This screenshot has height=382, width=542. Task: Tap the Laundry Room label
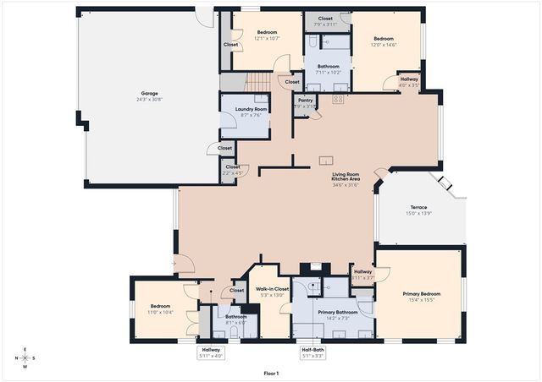tap(246, 109)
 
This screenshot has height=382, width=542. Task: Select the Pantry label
tap(306, 100)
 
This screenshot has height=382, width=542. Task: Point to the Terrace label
tap(419, 207)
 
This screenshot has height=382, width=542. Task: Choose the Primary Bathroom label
tap(336, 312)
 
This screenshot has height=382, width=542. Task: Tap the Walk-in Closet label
tap(273, 289)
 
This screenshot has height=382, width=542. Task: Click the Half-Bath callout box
tap(312, 352)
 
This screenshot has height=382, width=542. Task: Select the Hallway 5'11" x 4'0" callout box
tap(211, 352)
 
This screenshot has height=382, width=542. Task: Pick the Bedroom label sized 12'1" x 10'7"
tap(267, 32)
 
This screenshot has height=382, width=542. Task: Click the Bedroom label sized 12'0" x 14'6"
tap(385, 38)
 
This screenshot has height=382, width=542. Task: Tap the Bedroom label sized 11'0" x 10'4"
tap(161, 306)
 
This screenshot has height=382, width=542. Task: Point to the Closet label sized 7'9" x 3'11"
tap(325, 18)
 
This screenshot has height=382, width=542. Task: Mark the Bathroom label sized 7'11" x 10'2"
tap(328, 66)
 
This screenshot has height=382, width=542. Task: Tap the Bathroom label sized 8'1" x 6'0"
tap(236, 317)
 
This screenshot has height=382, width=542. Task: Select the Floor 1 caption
tap(271, 372)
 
